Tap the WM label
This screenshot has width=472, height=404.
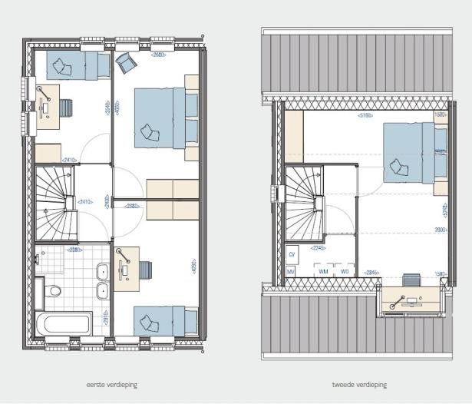pos(323,272)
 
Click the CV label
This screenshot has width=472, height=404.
pos(292,253)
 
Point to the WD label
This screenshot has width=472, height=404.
pos(345,272)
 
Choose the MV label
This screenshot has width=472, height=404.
pos(292,272)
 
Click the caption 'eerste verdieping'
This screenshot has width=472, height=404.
pos(112,384)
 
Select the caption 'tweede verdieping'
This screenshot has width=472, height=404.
pos(359,384)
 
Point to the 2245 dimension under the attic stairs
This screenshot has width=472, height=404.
pos(319,248)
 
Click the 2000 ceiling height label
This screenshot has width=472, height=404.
pos(440,230)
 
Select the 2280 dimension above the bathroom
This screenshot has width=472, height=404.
pos(74,249)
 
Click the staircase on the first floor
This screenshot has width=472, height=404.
pos(55,204)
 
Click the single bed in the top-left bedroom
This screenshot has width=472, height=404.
pos(78,65)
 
